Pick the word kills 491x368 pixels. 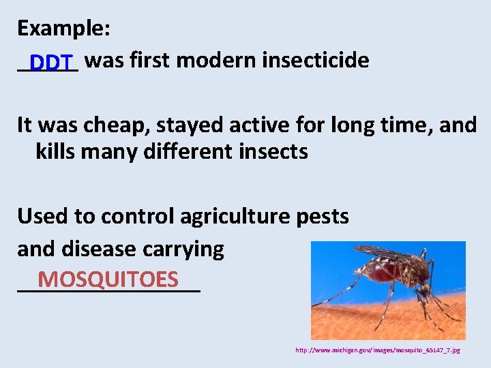click(55, 151)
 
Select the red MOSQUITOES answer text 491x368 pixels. click(108, 279)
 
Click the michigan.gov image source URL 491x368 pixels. click(377, 350)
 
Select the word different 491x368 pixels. click(185, 151)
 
